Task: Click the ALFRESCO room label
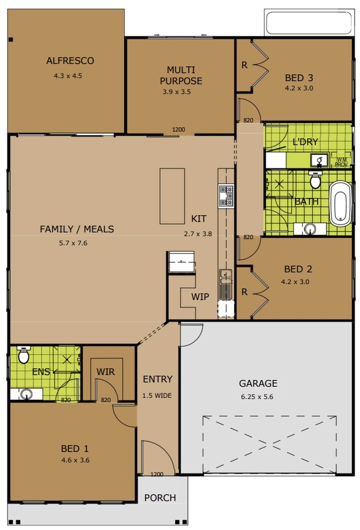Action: (x=70, y=61)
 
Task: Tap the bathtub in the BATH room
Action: (x=340, y=204)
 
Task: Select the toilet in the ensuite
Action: (x=23, y=355)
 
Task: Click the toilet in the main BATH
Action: (x=315, y=180)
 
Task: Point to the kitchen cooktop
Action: (x=226, y=196)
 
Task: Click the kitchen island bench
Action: (x=172, y=196)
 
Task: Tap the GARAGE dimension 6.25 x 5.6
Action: (x=257, y=397)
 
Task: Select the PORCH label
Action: (x=160, y=498)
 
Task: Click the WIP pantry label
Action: (x=200, y=297)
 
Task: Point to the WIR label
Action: (x=106, y=372)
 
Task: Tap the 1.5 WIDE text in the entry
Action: (x=157, y=395)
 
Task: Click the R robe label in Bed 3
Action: (x=245, y=65)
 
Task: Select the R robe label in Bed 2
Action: (x=245, y=291)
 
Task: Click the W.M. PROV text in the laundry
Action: (x=342, y=162)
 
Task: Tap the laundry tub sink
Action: (x=319, y=160)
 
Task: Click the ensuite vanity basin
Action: (x=26, y=394)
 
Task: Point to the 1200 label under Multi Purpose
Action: (x=179, y=130)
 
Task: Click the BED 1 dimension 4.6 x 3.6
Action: (x=76, y=460)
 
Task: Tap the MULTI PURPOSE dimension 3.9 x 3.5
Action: (x=177, y=92)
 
